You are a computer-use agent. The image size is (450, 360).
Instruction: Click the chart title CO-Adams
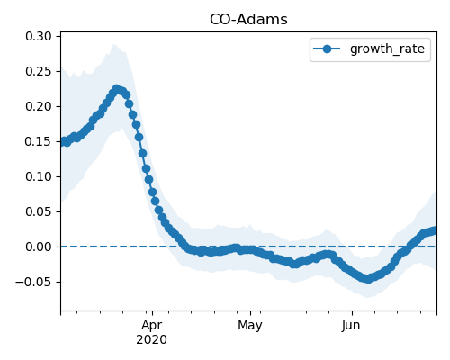[x=248, y=20]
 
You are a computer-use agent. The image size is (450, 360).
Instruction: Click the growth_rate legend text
[x=387, y=49]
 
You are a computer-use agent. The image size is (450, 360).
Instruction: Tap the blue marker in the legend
[x=327, y=49]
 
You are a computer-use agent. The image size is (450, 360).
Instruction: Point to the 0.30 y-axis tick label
[x=39, y=36]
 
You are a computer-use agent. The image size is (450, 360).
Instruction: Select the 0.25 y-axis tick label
[x=39, y=71]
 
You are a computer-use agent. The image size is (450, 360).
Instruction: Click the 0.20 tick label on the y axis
[x=39, y=106]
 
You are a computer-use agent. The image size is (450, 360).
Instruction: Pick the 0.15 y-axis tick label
[x=39, y=141]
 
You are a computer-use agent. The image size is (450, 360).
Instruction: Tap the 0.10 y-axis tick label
[x=39, y=176]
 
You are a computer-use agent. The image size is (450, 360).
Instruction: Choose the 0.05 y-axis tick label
[x=39, y=211]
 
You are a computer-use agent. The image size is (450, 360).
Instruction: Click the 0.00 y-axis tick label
[x=39, y=247]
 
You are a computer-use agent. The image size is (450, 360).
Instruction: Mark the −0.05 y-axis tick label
[x=33, y=282]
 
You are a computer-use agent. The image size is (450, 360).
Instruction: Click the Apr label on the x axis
[x=152, y=326]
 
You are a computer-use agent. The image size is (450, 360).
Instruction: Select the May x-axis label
[x=250, y=326]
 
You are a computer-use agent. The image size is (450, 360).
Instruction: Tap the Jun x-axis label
[x=351, y=326]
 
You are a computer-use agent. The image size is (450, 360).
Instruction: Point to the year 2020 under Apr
[x=152, y=340]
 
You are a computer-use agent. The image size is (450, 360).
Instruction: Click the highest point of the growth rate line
[x=117, y=89]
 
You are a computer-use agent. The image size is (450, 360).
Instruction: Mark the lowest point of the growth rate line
[x=368, y=279]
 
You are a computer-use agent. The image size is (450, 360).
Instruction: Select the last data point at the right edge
[x=435, y=230]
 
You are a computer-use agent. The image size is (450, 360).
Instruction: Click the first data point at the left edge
[x=63, y=141]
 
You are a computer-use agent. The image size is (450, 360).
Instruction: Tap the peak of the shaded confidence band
[x=114, y=44]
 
